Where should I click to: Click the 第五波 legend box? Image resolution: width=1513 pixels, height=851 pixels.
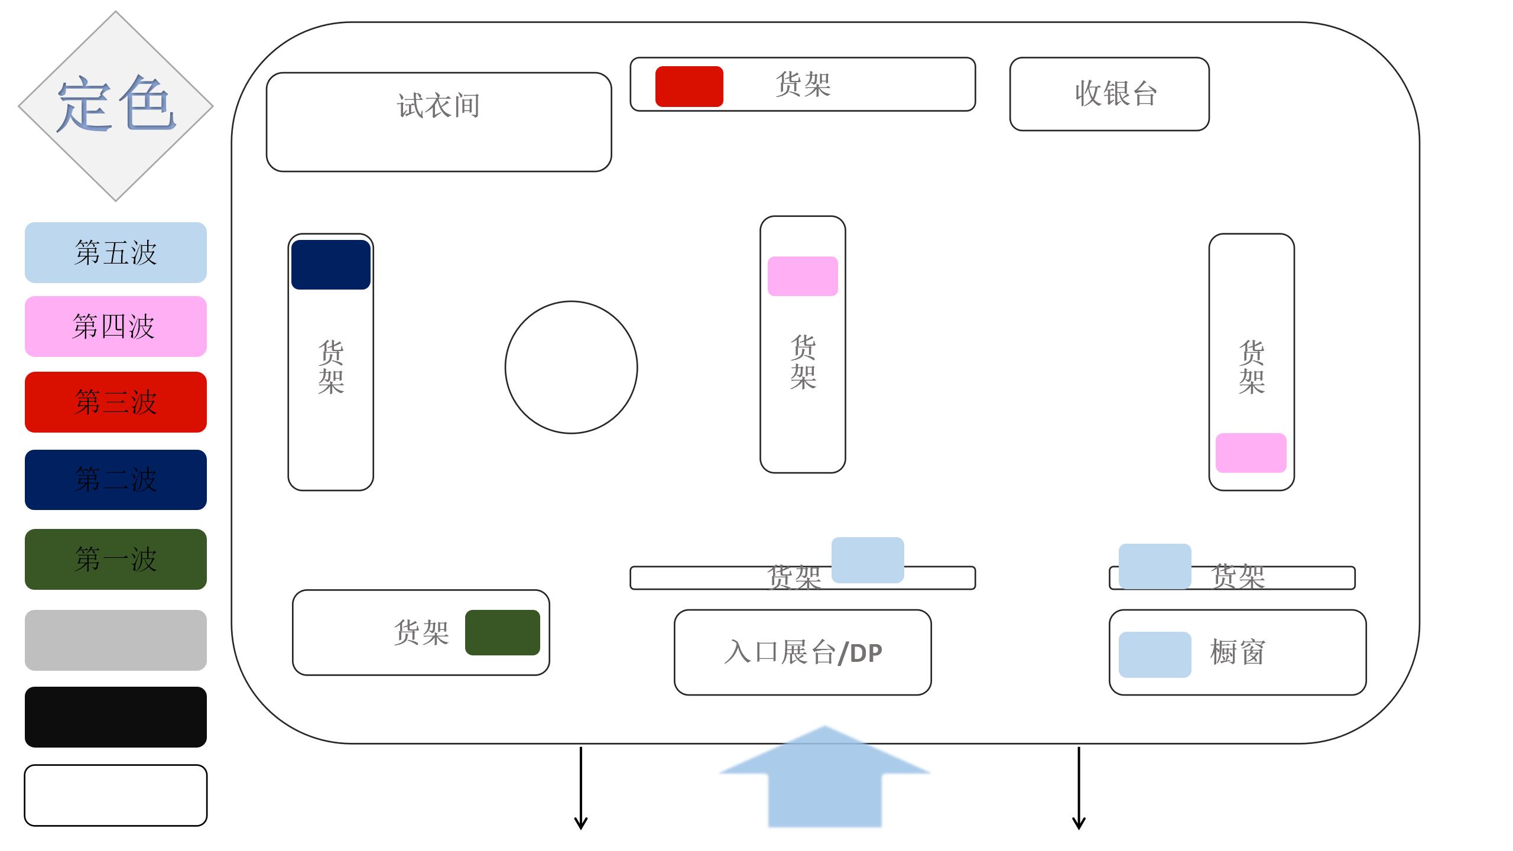[x=116, y=252]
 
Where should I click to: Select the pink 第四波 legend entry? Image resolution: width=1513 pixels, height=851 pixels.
[x=116, y=326]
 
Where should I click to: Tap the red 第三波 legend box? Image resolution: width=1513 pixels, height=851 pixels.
[x=116, y=402]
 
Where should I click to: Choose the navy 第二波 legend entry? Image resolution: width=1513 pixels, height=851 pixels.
[x=116, y=479]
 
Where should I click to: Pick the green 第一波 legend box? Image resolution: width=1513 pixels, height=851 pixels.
[x=116, y=559]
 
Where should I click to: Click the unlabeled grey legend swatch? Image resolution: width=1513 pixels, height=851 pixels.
[x=116, y=640]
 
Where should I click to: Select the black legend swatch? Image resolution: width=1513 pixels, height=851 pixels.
[x=116, y=717]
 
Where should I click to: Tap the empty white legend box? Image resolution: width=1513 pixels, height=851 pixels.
[x=116, y=795]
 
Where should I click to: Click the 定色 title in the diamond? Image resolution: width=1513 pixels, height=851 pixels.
[x=116, y=105]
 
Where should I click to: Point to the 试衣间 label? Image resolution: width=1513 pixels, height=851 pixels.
[x=439, y=106]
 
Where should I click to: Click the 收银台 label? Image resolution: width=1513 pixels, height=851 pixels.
[x=1115, y=93]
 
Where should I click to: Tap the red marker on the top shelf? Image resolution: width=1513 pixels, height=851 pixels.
[x=689, y=86]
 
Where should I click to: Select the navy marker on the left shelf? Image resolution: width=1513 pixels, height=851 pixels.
[x=331, y=265]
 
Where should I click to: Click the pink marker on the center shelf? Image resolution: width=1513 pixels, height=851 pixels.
[x=803, y=276]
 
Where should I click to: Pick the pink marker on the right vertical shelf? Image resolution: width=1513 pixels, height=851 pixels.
[x=1251, y=453]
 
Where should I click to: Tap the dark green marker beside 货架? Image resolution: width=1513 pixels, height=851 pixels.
[x=502, y=632]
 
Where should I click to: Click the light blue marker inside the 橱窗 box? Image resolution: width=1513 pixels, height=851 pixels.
[x=1155, y=654]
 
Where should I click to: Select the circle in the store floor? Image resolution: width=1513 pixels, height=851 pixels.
[x=571, y=367]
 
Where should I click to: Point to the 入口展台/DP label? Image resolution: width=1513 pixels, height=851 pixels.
[x=803, y=652]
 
